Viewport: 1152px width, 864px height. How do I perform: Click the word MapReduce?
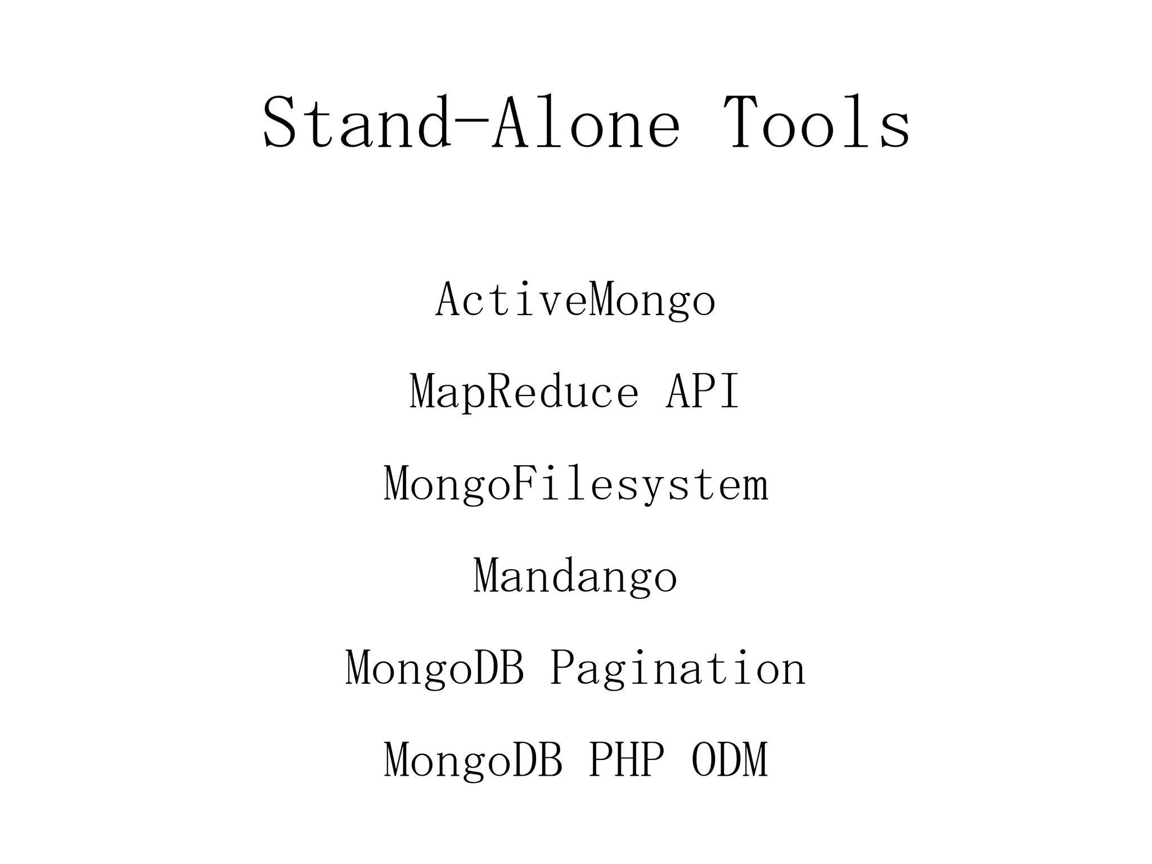(524, 391)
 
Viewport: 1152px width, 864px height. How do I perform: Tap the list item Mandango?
(575, 577)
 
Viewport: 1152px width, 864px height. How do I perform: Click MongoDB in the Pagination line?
(435, 668)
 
